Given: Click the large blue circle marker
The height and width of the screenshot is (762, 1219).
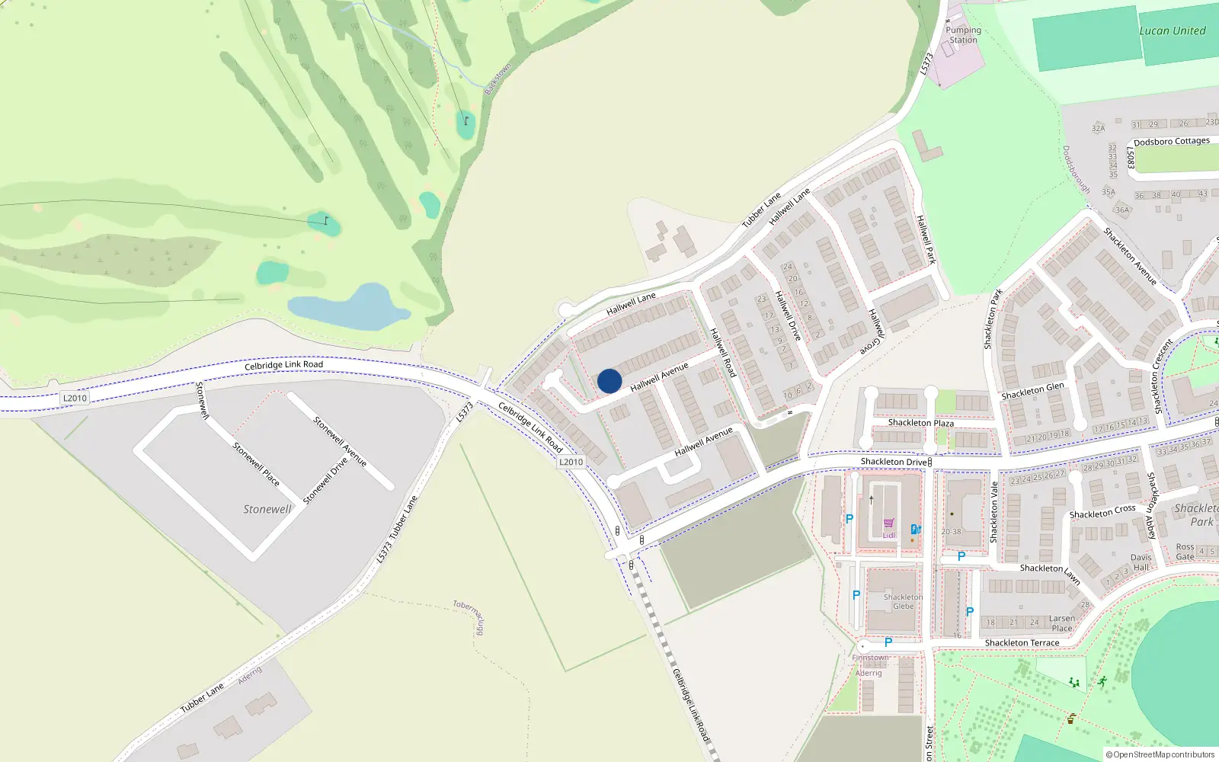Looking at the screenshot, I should [x=609, y=381].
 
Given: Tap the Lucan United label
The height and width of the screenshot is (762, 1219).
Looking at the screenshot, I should [x=1172, y=31].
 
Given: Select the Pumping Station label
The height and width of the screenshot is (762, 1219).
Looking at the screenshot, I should [x=963, y=35].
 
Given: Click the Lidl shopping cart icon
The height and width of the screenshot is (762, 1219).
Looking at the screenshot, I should [x=888, y=523].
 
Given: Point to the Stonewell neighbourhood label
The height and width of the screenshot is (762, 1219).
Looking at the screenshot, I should [x=267, y=509].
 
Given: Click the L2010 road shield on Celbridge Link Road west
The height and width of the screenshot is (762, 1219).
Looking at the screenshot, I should [x=75, y=398].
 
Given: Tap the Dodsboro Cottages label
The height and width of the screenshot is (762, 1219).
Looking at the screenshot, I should [x=1171, y=142].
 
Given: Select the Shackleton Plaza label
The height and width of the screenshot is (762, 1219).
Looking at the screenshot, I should [x=920, y=423].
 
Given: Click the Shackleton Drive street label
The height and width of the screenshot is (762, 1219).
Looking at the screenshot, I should [x=894, y=462].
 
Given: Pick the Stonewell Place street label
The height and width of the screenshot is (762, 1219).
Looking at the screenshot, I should [x=256, y=464].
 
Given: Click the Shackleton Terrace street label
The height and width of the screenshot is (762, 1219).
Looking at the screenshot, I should [x=1022, y=643].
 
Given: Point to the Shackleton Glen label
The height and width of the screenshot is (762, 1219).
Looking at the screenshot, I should [x=1032, y=391].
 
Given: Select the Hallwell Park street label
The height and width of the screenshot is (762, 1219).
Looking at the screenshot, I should [x=926, y=239].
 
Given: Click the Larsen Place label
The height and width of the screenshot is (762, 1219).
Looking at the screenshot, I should [x=1062, y=623].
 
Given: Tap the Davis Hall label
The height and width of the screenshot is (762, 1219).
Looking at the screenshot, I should [x=1141, y=562].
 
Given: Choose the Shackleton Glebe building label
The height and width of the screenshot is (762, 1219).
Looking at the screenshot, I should [x=903, y=602].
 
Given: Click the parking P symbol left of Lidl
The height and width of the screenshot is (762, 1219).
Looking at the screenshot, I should [x=849, y=519].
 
